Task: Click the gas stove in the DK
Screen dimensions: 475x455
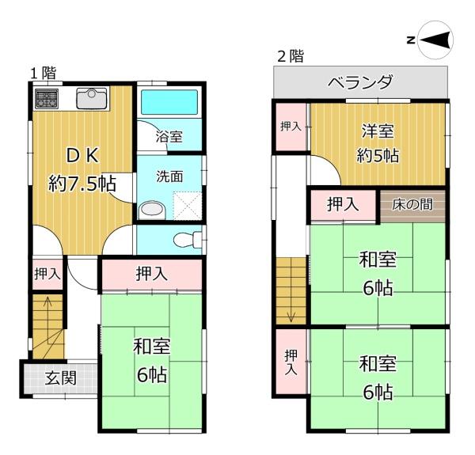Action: [47, 98]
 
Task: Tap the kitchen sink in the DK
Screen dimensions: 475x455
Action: [92, 98]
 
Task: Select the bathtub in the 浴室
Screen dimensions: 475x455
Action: [169, 102]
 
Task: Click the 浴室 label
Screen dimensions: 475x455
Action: [169, 136]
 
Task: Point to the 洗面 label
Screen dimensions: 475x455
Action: [169, 176]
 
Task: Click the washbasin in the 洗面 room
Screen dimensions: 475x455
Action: [153, 210]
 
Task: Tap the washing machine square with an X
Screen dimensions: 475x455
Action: [187, 206]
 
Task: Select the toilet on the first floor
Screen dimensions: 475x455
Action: [188, 240]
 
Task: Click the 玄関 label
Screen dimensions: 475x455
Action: [61, 377]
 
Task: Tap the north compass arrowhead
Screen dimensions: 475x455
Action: [435, 40]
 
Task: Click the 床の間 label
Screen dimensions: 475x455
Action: [412, 205]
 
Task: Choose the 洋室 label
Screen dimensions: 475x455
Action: [378, 131]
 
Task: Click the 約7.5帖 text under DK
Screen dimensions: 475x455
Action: [82, 184]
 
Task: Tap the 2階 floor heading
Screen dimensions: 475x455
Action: [291, 56]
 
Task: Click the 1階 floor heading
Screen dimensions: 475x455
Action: [44, 73]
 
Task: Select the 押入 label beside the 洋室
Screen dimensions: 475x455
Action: [291, 127]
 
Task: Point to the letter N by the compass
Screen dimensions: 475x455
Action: [411, 40]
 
